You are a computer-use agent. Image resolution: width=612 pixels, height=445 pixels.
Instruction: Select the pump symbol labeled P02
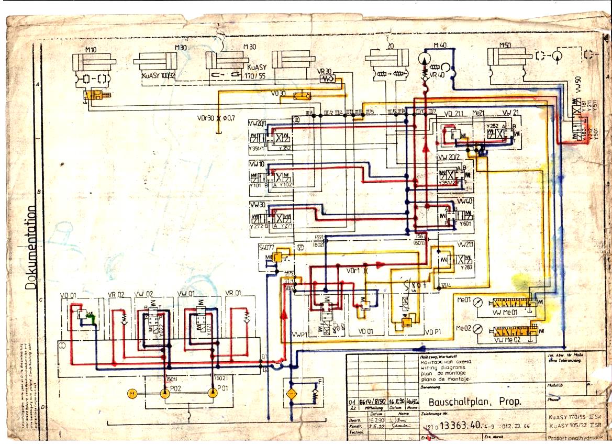point(164,393)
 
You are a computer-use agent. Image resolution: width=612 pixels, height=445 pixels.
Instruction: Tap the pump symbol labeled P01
point(213,393)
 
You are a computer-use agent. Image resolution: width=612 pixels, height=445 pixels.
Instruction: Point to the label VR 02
point(116,294)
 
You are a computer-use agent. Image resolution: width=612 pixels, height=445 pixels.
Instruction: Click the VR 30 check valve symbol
point(327,79)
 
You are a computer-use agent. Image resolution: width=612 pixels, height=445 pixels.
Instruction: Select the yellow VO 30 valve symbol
point(302,96)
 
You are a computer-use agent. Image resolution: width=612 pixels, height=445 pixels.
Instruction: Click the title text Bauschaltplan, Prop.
point(467,403)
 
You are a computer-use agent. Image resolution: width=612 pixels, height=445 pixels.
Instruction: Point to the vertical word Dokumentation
point(31,247)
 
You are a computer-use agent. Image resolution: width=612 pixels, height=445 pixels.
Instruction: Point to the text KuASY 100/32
point(159,75)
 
